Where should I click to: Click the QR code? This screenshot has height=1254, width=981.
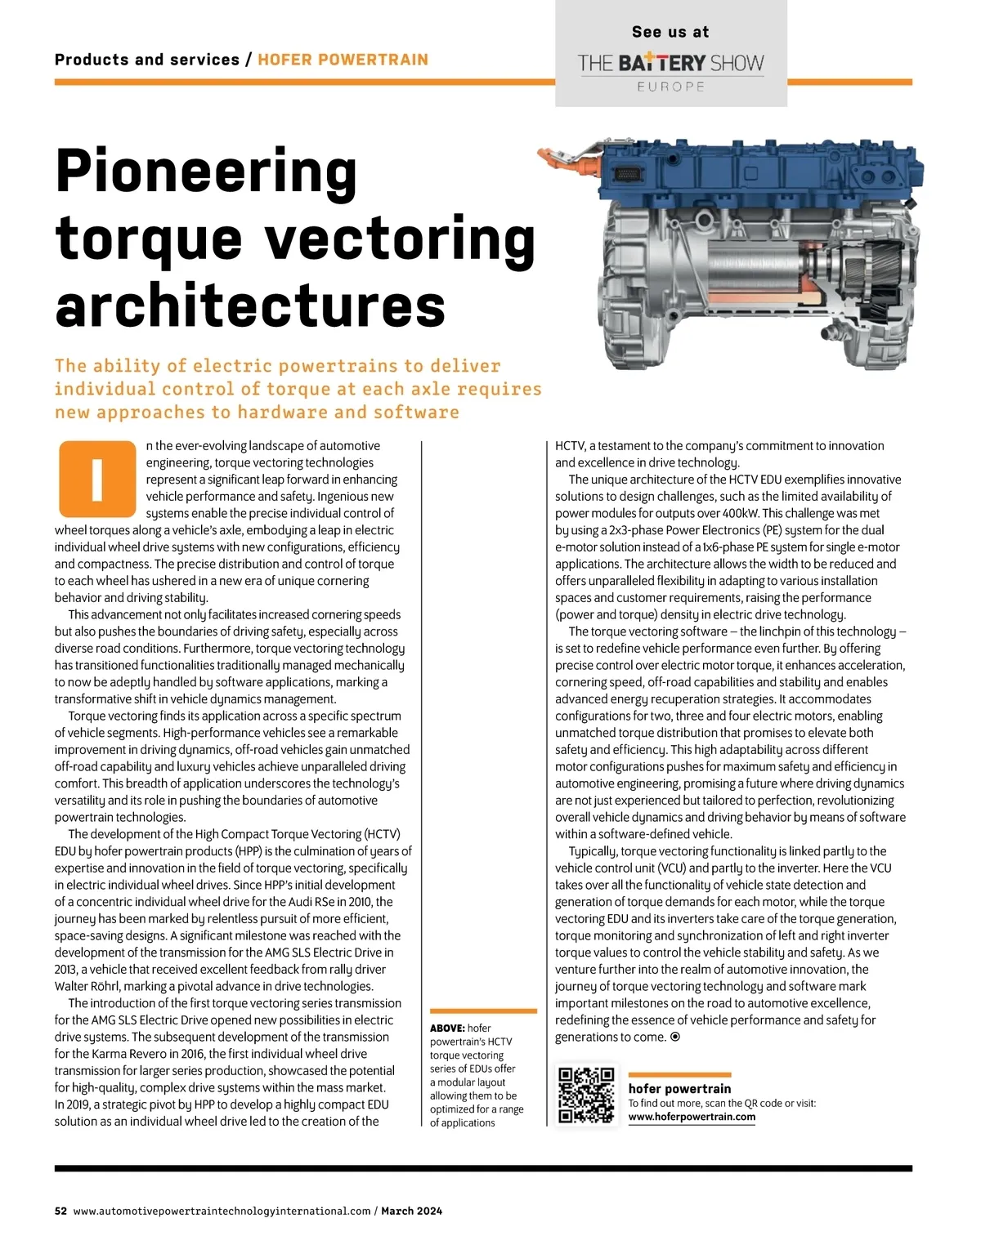pyautogui.click(x=585, y=1095)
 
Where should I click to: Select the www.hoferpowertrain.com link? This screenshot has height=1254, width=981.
pyautogui.click(x=692, y=1117)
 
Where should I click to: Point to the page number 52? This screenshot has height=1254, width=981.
pyautogui.click(x=60, y=1211)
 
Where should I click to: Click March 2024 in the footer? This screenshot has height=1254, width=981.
pyautogui.click(x=411, y=1211)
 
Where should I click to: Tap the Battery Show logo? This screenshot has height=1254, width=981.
pyautogui.click(x=670, y=64)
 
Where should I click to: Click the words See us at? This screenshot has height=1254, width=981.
pyautogui.click(x=670, y=32)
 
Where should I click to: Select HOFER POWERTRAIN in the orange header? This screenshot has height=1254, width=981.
pyautogui.click(x=343, y=60)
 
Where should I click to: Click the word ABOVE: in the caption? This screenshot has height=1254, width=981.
pyautogui.click(x=447, y=1028)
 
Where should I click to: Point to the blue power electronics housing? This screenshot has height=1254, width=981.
pyautogui.click(x=760, y=176)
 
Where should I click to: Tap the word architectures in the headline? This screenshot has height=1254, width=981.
pyautogui.click(x=250, y=306)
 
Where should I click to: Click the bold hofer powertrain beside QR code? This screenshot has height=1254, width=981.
pyautogui.click(x=679, y=1088)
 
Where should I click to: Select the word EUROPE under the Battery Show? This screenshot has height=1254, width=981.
pyautogui.click(x=670, y=87)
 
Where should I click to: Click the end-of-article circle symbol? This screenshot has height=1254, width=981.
pyautogui.click(x=675, y=1037)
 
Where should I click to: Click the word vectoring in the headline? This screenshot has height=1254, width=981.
pyautogui.click(x=401, y=239)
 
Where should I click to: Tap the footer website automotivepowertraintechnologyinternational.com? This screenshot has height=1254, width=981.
pyautogui.click(x=222, y=1211)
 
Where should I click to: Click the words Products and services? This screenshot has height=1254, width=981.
pyautogui.click(x=147, y=60)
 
